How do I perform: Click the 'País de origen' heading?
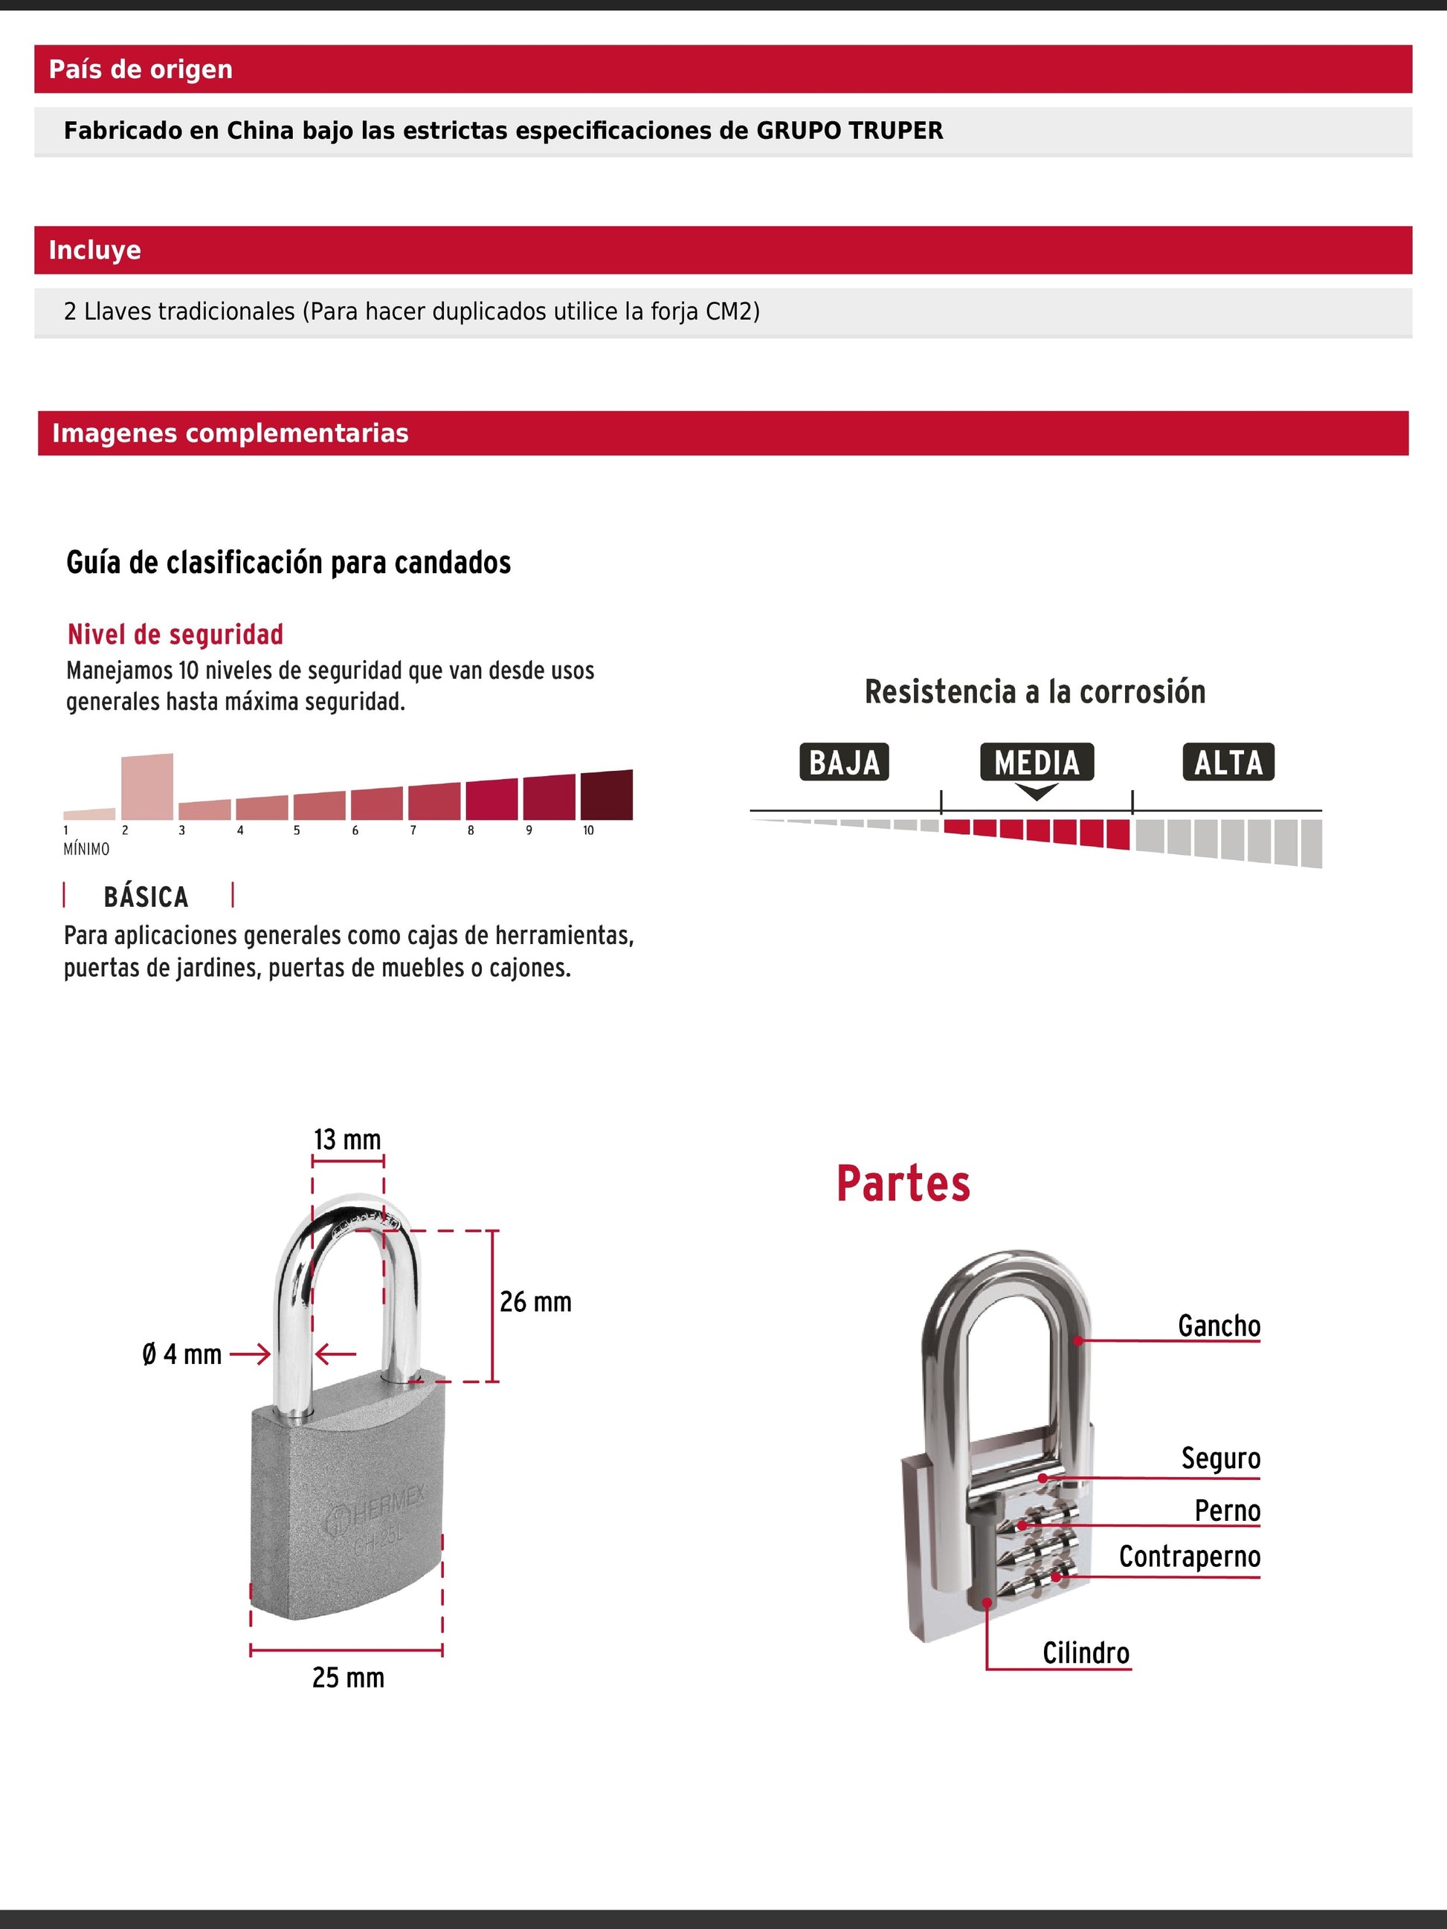coord(141,69)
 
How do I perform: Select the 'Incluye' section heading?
coord(94,251)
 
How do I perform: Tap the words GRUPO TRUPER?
coord(848,131)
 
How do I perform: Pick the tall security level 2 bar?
coord(146,786)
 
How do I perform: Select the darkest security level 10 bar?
coord(606,795)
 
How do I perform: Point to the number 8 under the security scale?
coord(471,831)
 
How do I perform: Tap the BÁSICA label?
coord(146,896)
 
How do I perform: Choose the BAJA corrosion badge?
coord(843,762)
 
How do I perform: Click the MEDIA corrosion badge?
coord(1037,762)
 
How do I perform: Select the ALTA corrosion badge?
coord(1228,762)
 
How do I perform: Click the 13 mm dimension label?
coord(347,1140)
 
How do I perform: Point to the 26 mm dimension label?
coord(535,1302)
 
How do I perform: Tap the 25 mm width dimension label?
coord(348,1677)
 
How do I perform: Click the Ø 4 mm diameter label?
coord(182,1354)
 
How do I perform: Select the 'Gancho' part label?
coord(1219,1326)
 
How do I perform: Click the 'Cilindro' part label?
coord(1086,1652)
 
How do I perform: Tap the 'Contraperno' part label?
coord(1190,1557)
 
